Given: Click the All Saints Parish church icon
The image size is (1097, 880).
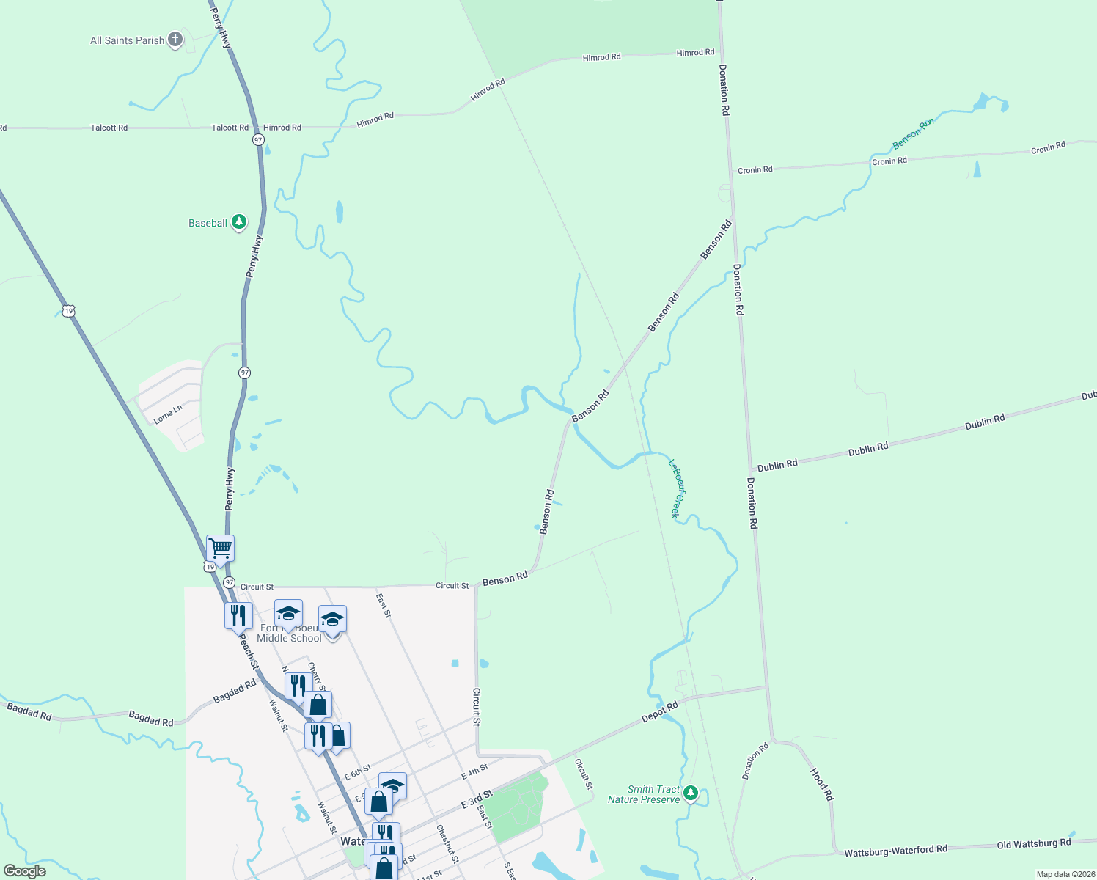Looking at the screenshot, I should [x=175, y=40].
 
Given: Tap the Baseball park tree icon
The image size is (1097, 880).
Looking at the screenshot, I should [x=238, y=221].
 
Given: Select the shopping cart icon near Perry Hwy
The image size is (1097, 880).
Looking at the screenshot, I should [x=220, y=547].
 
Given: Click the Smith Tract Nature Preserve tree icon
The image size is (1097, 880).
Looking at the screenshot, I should [x=690, y=793].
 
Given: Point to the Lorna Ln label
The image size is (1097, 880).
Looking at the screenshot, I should [x=168, y=414].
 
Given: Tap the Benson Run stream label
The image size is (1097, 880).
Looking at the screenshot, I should [x=913, y=133].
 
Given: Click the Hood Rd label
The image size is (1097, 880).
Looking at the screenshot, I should [x=821, y=784].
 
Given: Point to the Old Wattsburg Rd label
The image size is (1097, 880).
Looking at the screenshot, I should [x=1033, y=844].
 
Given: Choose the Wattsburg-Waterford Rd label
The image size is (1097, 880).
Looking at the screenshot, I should [x=895, y=851].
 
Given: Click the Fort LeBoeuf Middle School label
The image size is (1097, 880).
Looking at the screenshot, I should [x=290, y=633].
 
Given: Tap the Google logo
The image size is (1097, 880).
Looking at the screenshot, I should [x=25, y=871].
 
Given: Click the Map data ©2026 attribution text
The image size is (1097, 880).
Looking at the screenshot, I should [x=1065, y=874].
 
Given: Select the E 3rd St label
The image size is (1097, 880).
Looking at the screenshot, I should [x=477, y=800].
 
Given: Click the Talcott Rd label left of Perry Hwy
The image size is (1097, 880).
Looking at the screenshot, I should [x=109, y=128].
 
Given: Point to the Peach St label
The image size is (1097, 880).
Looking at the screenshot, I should [x=248, y=651].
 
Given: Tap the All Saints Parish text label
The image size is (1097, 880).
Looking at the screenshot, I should [x=127, y=40].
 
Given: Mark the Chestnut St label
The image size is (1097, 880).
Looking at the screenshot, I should [x=447, y=844].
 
